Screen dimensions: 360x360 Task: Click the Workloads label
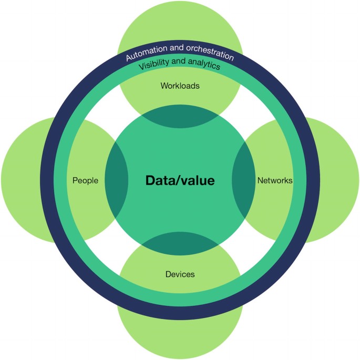[180, 86]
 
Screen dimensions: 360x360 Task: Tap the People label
[85, 181]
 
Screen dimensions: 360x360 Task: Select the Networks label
[274, 181]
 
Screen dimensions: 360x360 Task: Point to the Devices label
[180, 274]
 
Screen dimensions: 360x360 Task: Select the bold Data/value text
[180, 181]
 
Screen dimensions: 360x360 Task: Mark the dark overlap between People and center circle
[117, 181]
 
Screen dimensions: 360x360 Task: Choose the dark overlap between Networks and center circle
[243, 181]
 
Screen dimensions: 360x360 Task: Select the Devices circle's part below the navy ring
[180, 339]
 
